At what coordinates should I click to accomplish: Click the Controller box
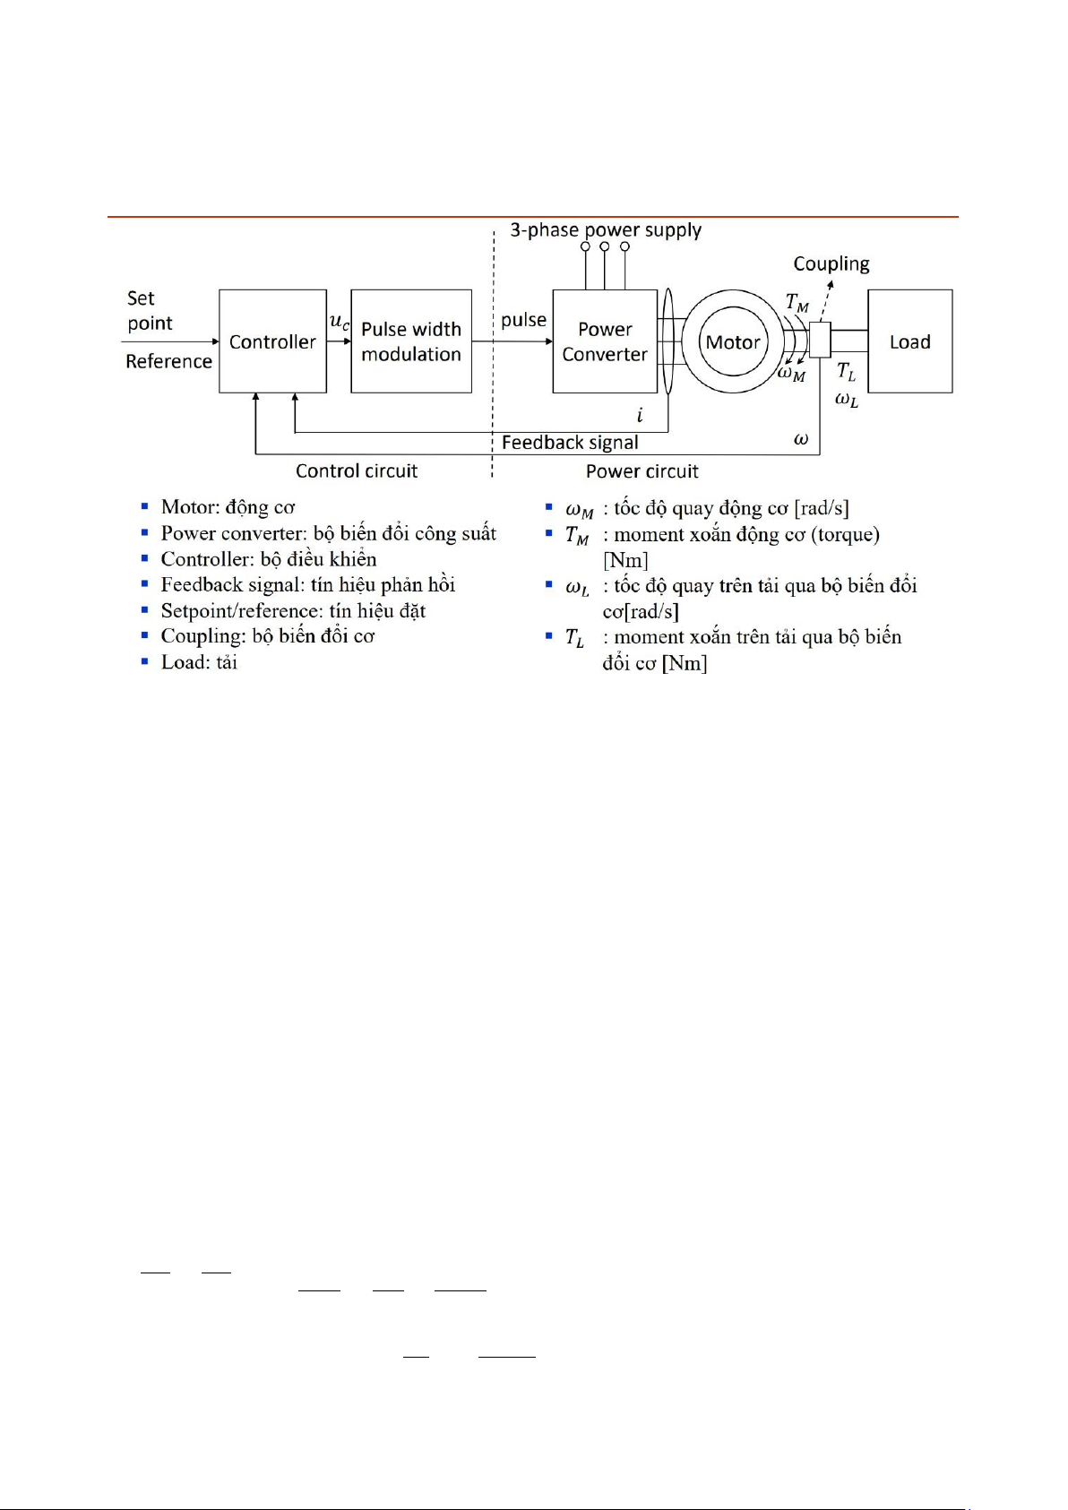(x=272, y=341)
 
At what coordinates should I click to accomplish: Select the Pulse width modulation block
(x=411, y=341)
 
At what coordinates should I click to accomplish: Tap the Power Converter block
(x=605, y=341)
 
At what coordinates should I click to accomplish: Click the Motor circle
(x=733, y=341)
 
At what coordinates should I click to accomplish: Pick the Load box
(x=909, y=341)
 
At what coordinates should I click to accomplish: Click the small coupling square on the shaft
(x=820, y=340)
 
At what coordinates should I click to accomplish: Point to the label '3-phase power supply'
(x=606, y=230)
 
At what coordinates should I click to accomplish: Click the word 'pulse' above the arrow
(x=523, y=320)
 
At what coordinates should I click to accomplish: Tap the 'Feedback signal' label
(x=570, y=443)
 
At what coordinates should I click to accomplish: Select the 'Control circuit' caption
(x=357, y=471)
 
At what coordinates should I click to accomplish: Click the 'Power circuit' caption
(x=642, y=471)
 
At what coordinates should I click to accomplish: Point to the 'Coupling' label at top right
(x=831, y=263)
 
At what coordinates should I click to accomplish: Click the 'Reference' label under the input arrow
(x=168, y=361)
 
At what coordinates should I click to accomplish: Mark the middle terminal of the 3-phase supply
(x=605, y=246)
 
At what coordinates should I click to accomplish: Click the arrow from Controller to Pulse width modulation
(x=339, y=341)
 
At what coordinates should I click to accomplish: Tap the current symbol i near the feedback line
(x=640, y=415)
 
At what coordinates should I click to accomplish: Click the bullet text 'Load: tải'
(x=199, y=662)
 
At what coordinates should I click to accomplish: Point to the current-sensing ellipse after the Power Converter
(x=667, y=341)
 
